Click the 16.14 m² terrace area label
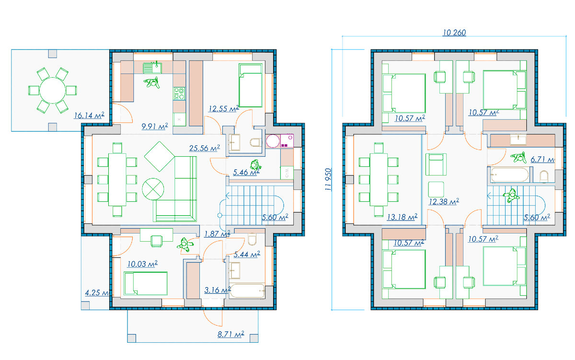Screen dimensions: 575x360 (x=89, y=116)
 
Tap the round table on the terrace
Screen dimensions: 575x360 (x=53, y=91)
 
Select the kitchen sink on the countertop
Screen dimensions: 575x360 (x=152, y=68)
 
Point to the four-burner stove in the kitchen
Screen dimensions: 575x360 (x=179, y=93)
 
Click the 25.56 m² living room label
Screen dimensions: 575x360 (x=205, y=148)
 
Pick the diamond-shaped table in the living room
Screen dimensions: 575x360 (x=160, y=156)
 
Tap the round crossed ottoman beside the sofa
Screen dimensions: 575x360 (x=153, y=189)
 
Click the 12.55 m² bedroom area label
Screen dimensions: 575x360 (x=224, y=109)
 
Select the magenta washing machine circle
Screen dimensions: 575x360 (x=273, y=141)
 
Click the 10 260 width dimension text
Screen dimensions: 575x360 (x=454, y=33)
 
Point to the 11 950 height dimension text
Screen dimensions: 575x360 (x=328, y=179)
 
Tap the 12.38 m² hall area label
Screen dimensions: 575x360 (x=444, y=201)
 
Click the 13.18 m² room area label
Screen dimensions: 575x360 (x=402, y=217)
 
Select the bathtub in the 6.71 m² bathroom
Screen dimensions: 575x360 (x=508, y=175)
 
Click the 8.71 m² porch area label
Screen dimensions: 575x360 (x=231, y=334)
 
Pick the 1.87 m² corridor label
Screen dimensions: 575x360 (x=217, y=233)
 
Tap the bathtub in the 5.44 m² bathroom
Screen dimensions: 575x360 (x=247, y=290)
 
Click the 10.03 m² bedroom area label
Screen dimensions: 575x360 (x=142, y=264)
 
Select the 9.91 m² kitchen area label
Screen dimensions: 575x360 (x=155, y=127)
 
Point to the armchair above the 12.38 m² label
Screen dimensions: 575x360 (x=436, y=164)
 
